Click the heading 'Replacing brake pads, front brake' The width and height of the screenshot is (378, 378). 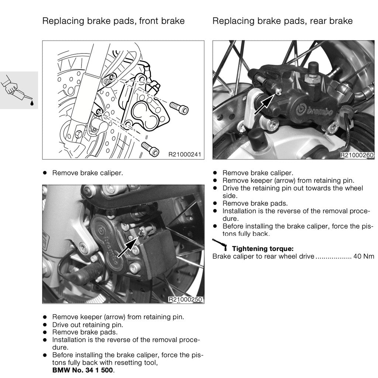pos(113,21)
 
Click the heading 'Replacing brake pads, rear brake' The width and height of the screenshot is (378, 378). pos(282,21)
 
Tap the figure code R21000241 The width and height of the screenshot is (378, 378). pos(185,155)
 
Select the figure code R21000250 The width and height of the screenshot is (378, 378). pos(185,299)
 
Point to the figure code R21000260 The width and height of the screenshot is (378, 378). pos(357,155)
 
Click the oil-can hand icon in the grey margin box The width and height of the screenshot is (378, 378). pos(19,90)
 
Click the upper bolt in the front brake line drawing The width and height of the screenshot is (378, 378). pos(179,107)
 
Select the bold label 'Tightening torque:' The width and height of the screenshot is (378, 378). pos(262,249)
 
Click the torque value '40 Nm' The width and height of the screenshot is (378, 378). pos(364,257)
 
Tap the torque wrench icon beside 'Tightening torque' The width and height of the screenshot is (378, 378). pos(220,245)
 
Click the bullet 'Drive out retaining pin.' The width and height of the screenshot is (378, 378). pos(87,325)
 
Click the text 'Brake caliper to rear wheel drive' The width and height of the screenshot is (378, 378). pos(263,257)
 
